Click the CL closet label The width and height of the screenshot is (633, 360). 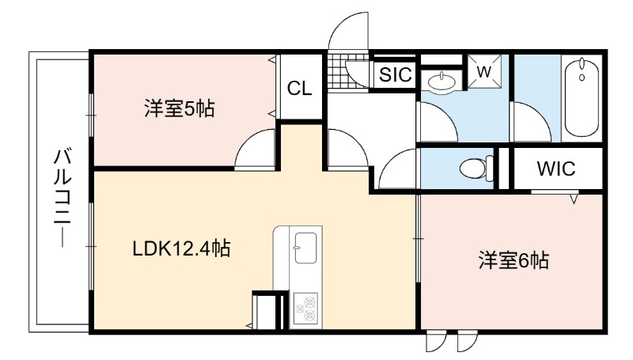(300, 89)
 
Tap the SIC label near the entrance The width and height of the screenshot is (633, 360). (395, 74)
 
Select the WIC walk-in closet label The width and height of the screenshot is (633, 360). (556, 169)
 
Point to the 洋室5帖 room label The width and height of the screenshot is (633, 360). (180, 108)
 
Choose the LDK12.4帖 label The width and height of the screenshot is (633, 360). (182, 248)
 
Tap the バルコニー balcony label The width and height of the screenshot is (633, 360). (63, 199)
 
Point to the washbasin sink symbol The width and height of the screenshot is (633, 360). (441, 82)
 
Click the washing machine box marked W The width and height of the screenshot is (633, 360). (484, 71)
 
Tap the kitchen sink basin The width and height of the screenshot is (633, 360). (305, 248)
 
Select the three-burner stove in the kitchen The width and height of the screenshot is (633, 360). (305, 309)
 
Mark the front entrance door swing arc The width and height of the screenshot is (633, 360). (348, 32)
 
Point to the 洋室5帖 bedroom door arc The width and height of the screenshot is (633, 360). (255, 147)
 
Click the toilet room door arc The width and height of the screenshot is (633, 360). (397, 169)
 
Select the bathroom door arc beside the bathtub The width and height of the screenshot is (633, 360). (531, 122)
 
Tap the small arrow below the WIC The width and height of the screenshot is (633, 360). (574, 199)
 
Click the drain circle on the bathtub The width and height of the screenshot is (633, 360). (582, 77)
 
